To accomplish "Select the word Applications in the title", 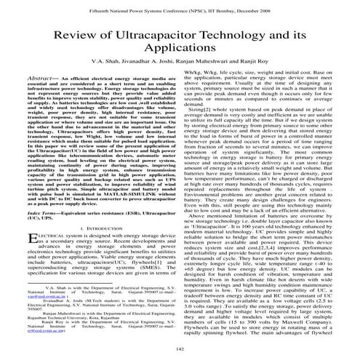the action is [x=180, y=57].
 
